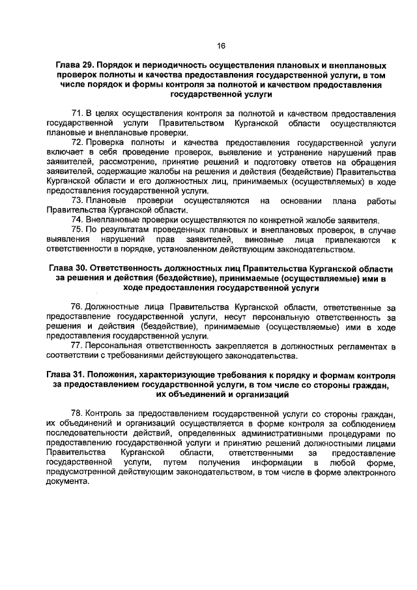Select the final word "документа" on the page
(66, 482)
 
